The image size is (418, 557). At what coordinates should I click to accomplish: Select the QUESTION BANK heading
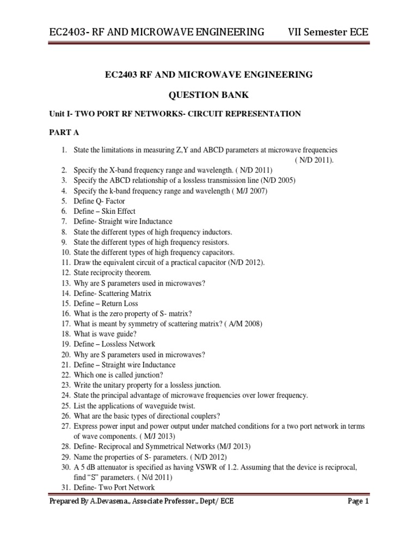[x=209, y=95]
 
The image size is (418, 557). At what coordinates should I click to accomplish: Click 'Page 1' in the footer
[x=359, y=502]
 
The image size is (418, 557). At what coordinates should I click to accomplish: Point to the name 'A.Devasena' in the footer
[x=108, y=502]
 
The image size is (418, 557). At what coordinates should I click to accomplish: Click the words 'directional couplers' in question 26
[x=183, y=416]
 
